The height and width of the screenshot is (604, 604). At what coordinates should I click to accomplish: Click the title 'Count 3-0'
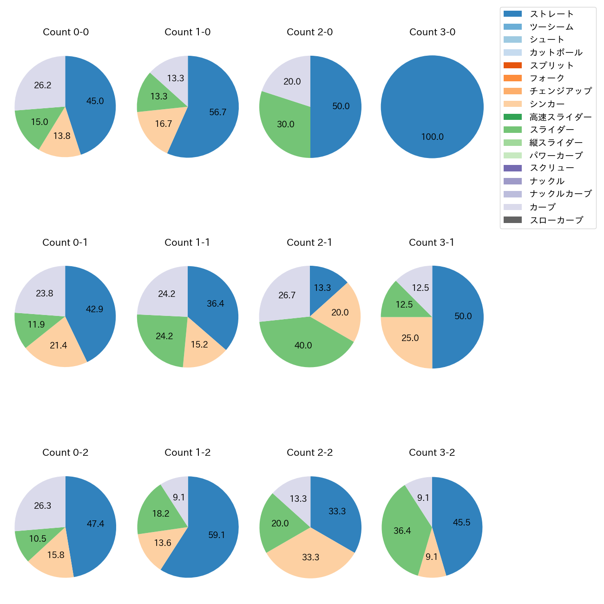[x=432, y=32]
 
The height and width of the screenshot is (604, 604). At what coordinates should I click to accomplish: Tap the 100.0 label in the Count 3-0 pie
[x=432, y=137]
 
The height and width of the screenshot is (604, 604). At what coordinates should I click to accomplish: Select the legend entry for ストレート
[x=551, y=14]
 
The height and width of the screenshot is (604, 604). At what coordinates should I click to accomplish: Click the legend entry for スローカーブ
[x=556, y=220]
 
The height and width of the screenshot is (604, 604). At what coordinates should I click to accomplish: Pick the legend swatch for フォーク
[x=512, y=78]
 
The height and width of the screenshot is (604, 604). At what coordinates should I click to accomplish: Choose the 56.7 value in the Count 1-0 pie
[x=217, y=112]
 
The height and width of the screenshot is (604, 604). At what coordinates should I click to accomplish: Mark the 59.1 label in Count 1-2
[x=217, y=535]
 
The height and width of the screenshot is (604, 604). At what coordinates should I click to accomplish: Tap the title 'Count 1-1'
[x=187, y=243]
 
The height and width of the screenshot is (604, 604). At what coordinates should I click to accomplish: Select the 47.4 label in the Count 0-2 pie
[x=95, y=524]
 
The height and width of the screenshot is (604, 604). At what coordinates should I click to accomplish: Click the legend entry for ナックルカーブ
[x=560, y=194]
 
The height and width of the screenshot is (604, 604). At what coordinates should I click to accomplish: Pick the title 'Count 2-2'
[x=309, y=453]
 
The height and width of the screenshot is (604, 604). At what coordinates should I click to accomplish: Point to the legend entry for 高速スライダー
[x=560, y=117]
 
